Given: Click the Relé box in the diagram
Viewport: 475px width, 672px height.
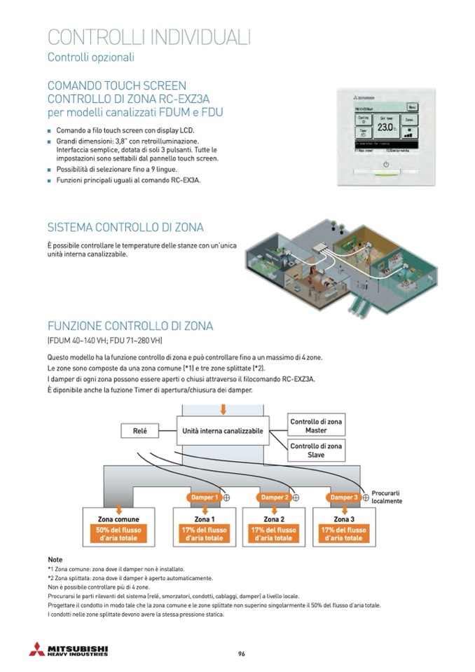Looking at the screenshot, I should point(139,431).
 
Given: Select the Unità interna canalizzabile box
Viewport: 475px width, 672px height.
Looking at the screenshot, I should point(223,431).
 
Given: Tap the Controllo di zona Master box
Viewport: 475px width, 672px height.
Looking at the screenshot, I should point(316,425).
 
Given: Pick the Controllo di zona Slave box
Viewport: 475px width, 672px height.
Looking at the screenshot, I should point(316,450).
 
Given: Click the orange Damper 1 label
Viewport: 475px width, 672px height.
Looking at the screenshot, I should point(205,497).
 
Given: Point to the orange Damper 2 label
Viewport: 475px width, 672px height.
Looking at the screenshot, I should point(274,497).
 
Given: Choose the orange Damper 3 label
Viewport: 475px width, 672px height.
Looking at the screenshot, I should point(343,497).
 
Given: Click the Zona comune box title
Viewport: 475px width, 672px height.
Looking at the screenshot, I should point(118,519).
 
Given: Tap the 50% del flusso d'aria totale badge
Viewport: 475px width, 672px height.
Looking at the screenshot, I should point(118,534).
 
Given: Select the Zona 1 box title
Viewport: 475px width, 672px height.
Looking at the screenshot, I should point(204,519).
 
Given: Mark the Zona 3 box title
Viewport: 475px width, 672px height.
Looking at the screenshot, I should point(343,519).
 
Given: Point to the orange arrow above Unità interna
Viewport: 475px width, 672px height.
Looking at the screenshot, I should point(223,408).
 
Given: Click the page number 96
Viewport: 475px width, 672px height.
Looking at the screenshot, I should point(241,654).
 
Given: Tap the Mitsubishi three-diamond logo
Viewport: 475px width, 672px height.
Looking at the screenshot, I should point(36,650).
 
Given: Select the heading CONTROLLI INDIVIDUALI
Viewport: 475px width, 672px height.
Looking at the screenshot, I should point(149,36).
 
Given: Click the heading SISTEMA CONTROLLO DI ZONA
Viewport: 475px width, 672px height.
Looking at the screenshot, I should point(125,228).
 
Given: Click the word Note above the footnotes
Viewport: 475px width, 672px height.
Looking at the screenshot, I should point(55,560).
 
